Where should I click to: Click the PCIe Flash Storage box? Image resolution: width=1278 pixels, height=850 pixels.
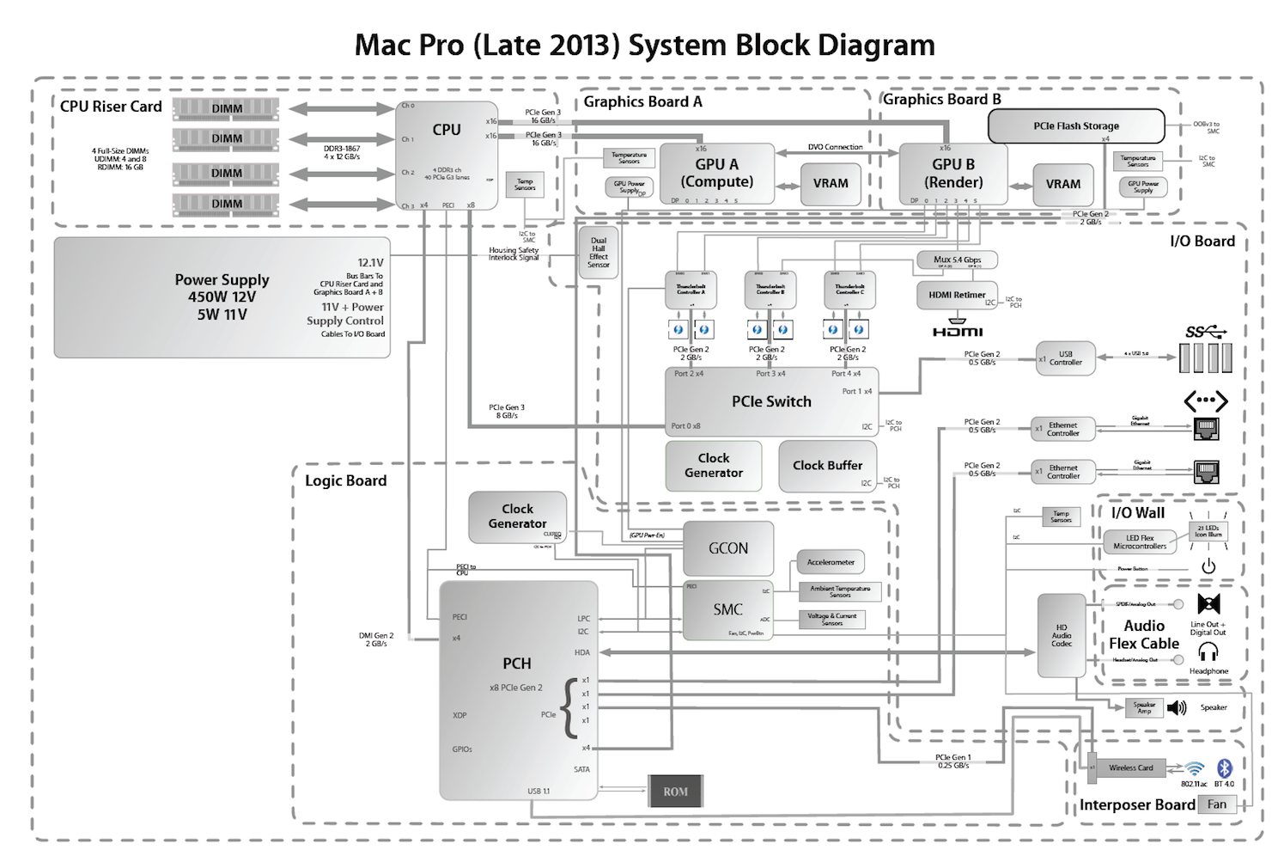tap(1076, 125)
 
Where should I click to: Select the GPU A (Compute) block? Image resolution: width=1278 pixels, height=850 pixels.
tap(716, 173)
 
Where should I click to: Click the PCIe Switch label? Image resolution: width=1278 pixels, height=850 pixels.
tap(771, 401)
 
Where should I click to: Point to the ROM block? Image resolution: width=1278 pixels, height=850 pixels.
tap(675, 792)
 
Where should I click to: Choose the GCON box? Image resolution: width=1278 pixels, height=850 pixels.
tap(728, 548)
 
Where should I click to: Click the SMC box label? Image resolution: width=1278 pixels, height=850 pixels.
tap(727, 609)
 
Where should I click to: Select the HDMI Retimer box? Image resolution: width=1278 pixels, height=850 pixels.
tap(957, 295)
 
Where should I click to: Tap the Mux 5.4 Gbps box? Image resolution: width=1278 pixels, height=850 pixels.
tap(957, 260)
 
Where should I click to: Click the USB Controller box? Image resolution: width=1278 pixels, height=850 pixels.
tap(1065, 358)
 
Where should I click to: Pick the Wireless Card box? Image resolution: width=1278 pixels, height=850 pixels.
tap(1130, 767)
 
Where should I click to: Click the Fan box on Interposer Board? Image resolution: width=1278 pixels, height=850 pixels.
tap(1217, 804)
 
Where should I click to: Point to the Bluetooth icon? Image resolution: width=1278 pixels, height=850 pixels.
tap(1226, 767)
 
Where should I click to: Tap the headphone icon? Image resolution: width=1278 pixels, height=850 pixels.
tap(1208, 652)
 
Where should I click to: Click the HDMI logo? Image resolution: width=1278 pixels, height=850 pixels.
tap(958, 331)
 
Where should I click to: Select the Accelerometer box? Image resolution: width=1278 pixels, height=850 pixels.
tap(831, 562)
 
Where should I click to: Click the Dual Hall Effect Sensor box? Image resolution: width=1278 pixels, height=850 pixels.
tap(599, 253)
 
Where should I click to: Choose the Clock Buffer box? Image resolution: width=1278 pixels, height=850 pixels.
tap(827, 465)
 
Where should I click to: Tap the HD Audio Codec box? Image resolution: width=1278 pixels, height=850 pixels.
tap(1062, 635)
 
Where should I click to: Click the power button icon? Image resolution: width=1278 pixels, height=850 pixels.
tap(1208, 566)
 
